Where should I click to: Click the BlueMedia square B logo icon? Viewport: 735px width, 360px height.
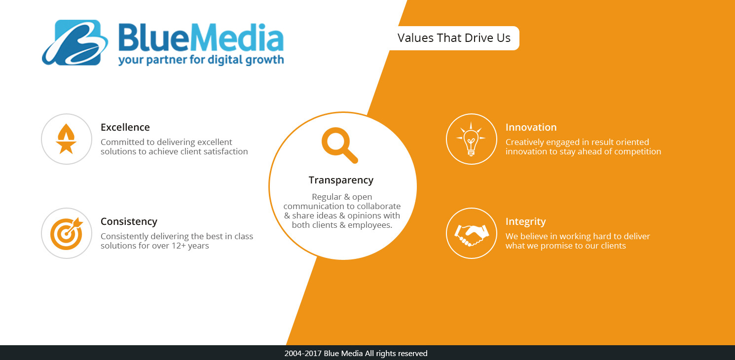75,43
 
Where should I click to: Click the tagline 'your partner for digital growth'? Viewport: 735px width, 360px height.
201,60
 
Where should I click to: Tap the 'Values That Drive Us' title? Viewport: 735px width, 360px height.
454,38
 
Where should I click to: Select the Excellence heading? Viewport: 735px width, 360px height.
125,127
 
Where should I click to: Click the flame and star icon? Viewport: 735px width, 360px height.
66,139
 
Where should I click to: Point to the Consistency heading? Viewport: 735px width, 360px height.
129,222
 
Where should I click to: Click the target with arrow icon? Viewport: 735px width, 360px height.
67,233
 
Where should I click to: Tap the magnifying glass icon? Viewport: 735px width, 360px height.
339,145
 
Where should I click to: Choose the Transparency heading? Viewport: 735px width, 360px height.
341,180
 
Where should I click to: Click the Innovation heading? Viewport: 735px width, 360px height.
531,127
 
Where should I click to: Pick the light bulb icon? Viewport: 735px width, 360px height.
471,139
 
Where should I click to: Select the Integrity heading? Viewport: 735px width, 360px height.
526,222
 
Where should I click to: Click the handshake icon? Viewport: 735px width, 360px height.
472,235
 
